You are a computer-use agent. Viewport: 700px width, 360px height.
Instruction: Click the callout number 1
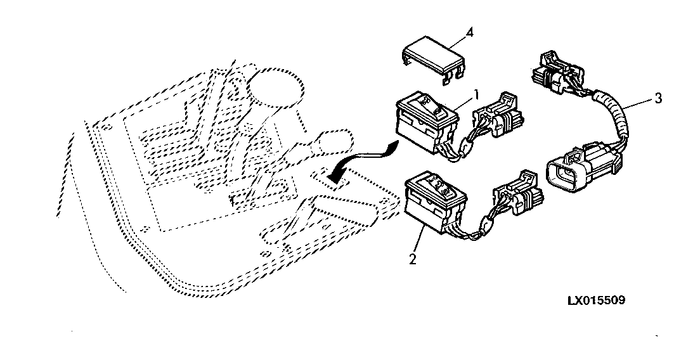pyautogui.click(x=476, y=94)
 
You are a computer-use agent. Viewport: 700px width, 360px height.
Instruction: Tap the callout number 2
pyautogui.click(x=413, y=259)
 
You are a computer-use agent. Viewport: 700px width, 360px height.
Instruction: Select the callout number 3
pyautogui.click(x=658, y=98)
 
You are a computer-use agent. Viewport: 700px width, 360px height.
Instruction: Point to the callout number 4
pyautogui.click(x=469, y=32)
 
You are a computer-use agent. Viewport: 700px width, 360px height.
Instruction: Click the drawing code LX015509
pyautogui.click(x=597, y=300)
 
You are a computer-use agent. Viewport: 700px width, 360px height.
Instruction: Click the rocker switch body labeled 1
pyautogui.click(x=427, y=124)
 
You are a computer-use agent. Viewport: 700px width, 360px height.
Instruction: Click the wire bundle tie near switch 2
pyautogui.click(x=484, y=225)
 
